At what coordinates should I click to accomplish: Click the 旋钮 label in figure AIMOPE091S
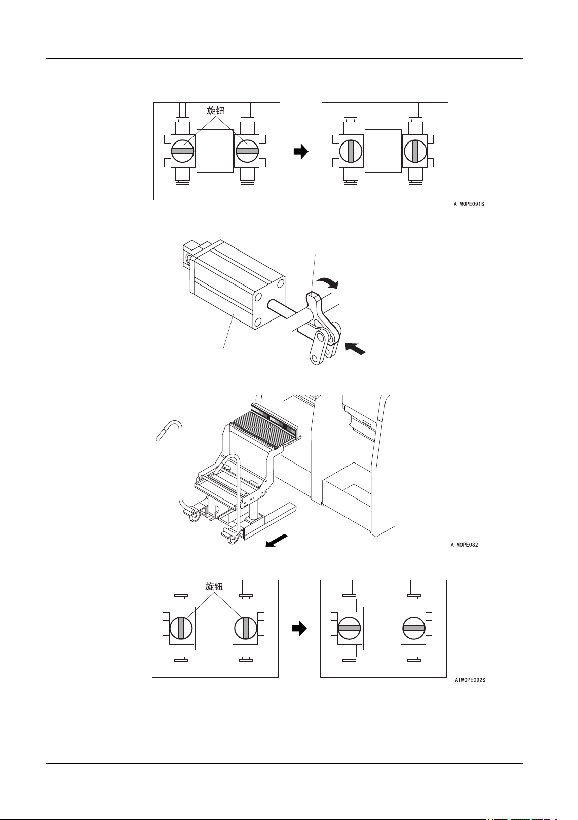coord(215,111)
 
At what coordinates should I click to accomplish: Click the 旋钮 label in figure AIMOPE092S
coord(214,587)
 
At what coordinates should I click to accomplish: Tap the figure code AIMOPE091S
coord(469,204)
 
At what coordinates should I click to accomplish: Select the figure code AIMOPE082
coord(464,545)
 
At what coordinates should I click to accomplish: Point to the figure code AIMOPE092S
coord(470,680)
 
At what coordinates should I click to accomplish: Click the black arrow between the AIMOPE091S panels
coord(301,151)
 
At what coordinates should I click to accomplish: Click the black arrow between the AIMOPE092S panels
coord(299,629)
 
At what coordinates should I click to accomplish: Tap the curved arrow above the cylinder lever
coord(326,282)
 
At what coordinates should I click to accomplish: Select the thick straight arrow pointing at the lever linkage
coord(355,348)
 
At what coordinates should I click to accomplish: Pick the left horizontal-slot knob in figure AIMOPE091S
coord(183,151)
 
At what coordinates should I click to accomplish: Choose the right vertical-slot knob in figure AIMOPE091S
coord(415,151)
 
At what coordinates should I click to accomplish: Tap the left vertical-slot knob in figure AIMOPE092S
coord(181,628)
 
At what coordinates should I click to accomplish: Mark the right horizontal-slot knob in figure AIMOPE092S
coord(413,628)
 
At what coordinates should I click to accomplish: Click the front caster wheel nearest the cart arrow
coord(233,538)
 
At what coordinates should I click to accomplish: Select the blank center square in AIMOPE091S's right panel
coord(383,151)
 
